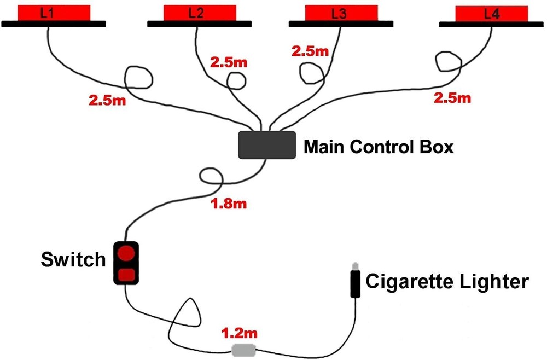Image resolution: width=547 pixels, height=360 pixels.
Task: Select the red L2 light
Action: [x=200, y=13]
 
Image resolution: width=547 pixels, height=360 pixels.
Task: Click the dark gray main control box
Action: [x=267, y=145]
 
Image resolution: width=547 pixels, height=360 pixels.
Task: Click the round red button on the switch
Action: [x=126, y=253]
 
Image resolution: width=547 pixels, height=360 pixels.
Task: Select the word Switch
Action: [x=73, y=259]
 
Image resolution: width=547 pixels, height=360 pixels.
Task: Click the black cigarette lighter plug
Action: [x=356, y=282]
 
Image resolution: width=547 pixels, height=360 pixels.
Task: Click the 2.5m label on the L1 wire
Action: [x=107, y=101]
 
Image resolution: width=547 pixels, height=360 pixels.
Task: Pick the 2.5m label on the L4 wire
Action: [x=452, y=98]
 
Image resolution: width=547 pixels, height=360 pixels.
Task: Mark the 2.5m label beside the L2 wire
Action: [x=229, y=62]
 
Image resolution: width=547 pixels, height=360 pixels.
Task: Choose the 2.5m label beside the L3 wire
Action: [x=310, y=52]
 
